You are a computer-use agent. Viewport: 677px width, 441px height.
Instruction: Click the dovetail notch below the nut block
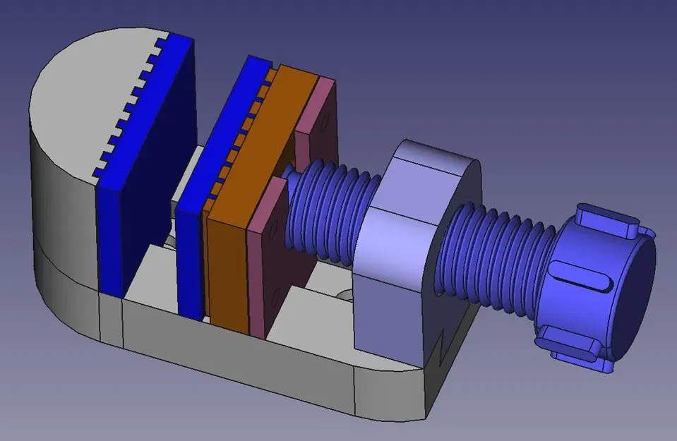point(443,345)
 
